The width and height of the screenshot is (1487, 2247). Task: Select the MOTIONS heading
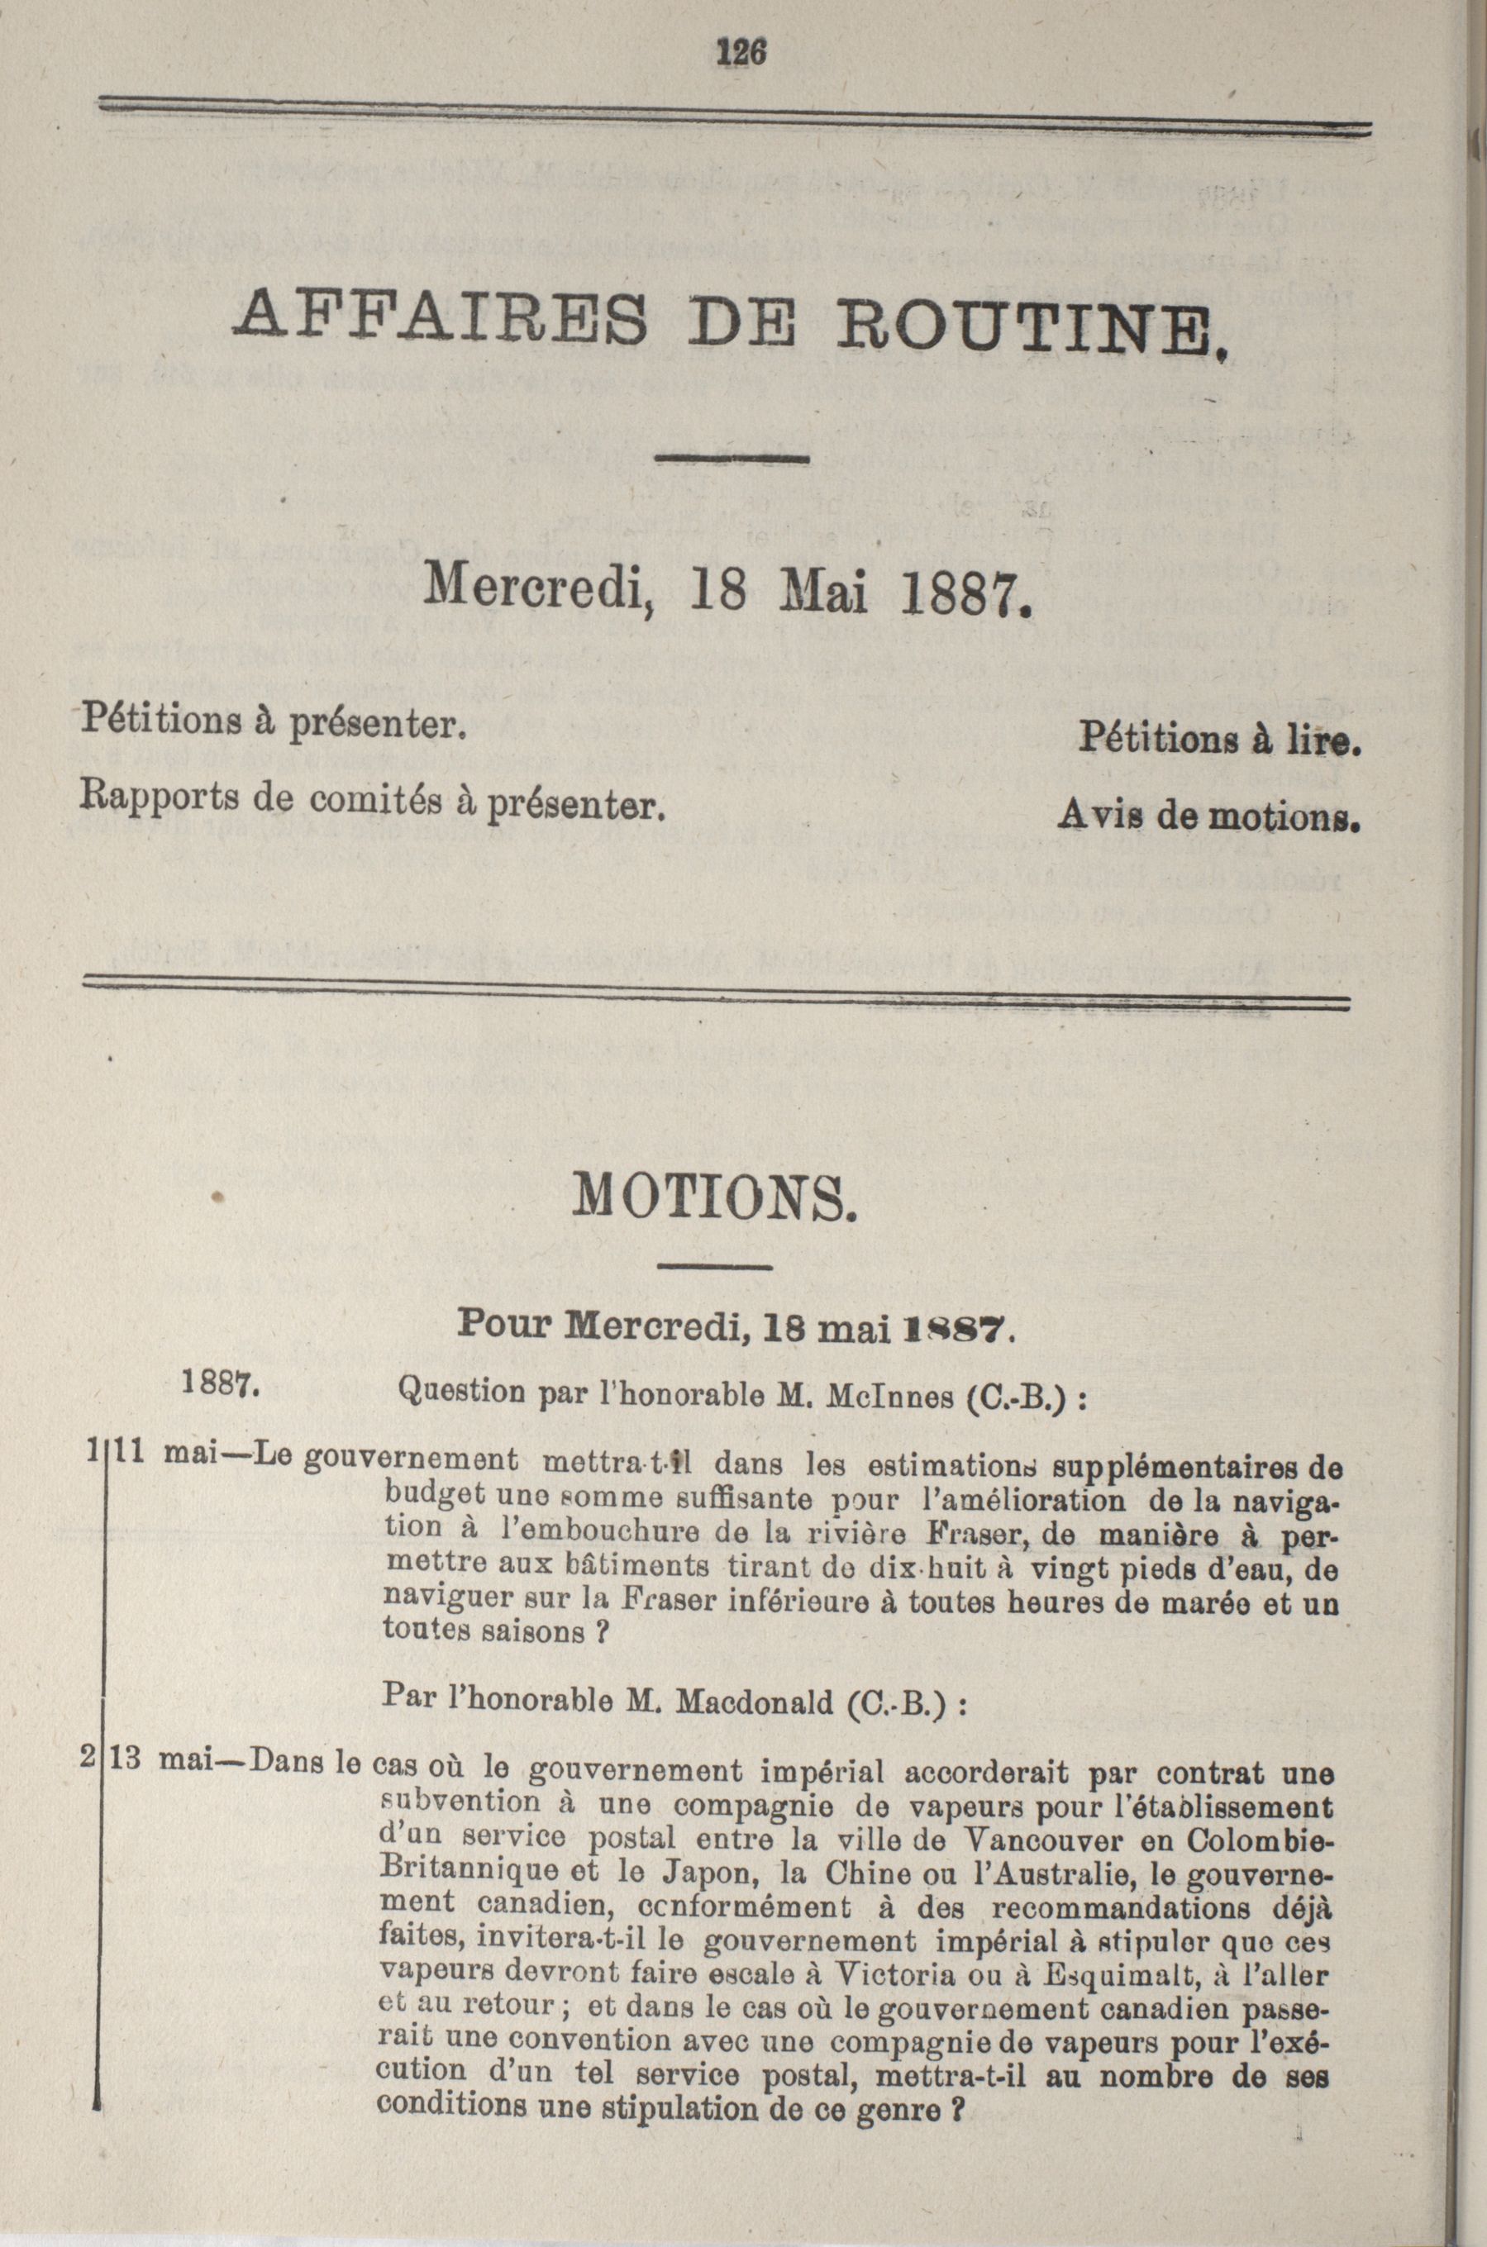pyautogui.click(x=716, y=1200)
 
